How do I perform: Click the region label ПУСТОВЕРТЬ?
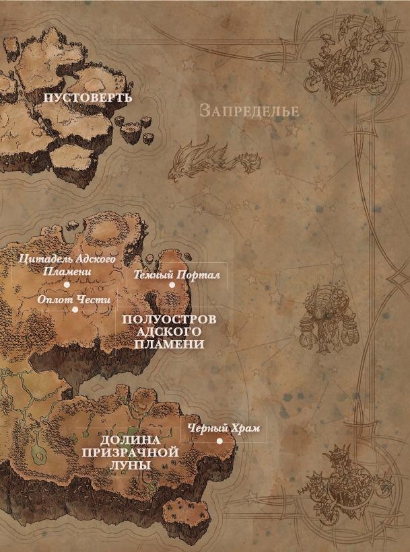click(88, 98)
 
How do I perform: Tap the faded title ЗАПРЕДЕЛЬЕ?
click(249, 111)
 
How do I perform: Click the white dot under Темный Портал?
click(172, 285)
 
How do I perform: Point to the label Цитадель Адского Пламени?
click(67, 264)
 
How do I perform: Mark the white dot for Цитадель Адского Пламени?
click(67, 284)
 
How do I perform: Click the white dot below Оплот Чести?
click(75, 309)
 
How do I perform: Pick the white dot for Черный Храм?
click(219, 441)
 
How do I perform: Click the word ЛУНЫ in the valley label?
click(130, 465)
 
